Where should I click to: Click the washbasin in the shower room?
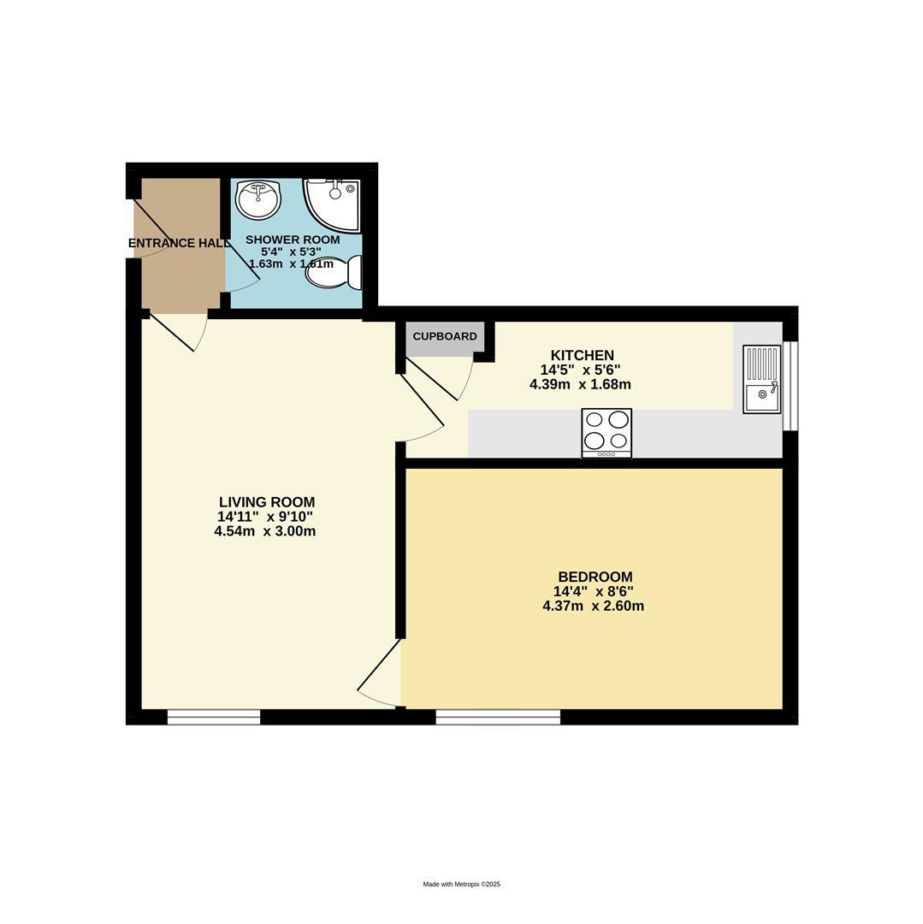coord(257,199)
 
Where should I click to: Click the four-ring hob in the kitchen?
coord(606,432)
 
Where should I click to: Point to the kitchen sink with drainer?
coord(761,379)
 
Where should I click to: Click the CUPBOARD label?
coord(445,337)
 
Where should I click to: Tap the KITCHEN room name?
coord(582,356)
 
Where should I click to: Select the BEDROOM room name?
coord(595,577)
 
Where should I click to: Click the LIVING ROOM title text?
coord(267,503)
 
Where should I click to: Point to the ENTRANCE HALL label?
coord(178,244)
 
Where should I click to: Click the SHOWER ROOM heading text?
coord(293,240)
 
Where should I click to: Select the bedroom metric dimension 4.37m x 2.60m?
coord(593,607)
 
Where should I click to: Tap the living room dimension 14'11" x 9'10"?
coord(265,517)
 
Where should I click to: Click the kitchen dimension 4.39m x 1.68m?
coord(580,385)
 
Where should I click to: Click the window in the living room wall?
coord(214,717)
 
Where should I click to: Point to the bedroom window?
coord(498,717)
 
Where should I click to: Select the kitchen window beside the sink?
coord(790,385)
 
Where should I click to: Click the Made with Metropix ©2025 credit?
coord(461,885)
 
